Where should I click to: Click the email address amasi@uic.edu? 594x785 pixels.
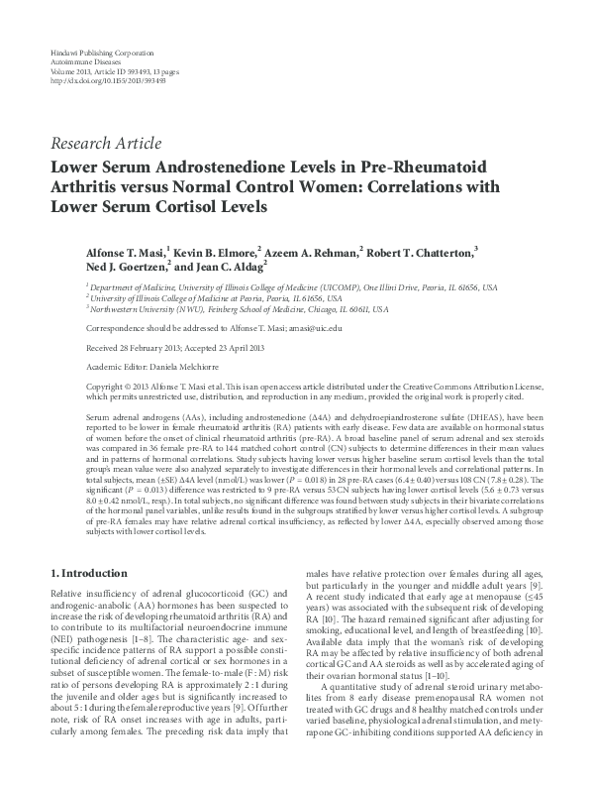pyautogui.click(x=314, y=327)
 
